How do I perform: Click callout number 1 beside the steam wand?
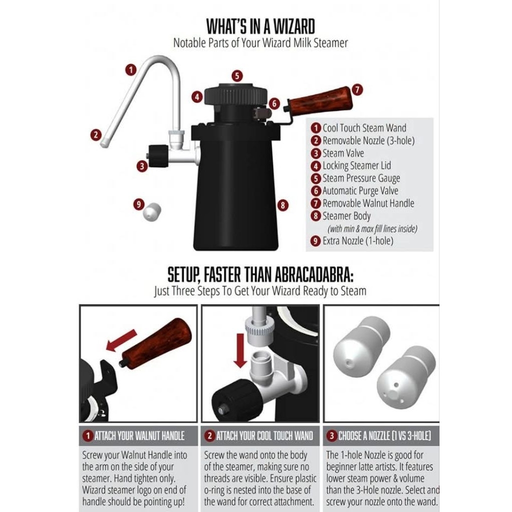[x=131, y=70]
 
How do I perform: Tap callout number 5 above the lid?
[x=237, y=76]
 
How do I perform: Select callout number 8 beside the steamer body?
[x=283, y=205]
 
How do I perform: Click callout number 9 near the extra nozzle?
[x=139, y=204]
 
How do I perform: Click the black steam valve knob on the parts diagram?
[x=158, y=156]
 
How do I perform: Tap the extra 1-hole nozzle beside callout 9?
[x=152, y=211]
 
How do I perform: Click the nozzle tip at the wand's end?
[x=104, y=142]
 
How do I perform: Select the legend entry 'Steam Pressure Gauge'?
[x=361, y=178]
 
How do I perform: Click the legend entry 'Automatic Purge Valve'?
[x=360, y=190]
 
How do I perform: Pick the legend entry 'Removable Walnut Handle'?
[x=368, y=203]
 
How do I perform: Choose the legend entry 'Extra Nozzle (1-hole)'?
[x=358, y=241]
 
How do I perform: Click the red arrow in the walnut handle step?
[x=121, y=340]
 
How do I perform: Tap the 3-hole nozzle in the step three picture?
[x=406, y=377]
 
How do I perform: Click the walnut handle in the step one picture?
[x=156, y=343]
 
